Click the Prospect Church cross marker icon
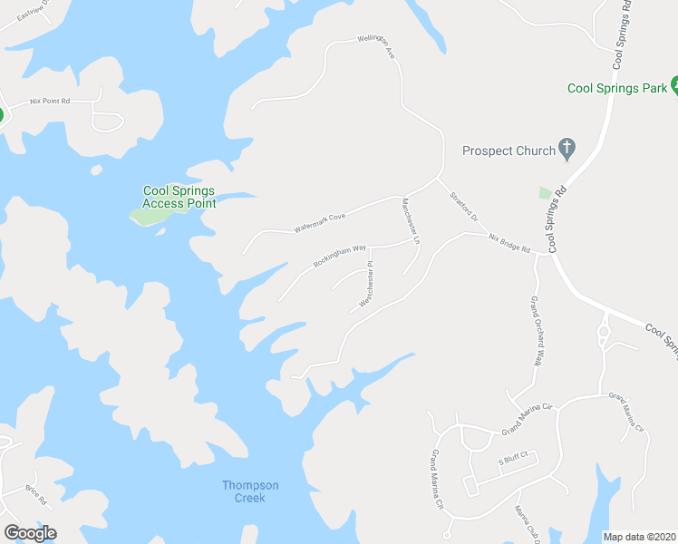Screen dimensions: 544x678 pos(567,148)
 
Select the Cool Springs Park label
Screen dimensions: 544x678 pos(615,88)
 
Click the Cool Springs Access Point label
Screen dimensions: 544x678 pos(179,197)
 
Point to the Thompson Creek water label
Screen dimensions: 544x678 pos(250,491)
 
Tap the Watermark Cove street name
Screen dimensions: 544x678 pos(320,223)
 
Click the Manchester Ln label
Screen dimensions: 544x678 pos(410,221)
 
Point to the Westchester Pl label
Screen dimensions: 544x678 pos(366,285)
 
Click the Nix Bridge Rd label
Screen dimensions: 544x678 pos(508,243)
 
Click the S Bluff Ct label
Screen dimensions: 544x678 pos(512,461)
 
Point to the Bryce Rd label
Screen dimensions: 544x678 pos(35,494)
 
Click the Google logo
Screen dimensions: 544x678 pos(30,532)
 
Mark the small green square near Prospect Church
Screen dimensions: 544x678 pos(546,193)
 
